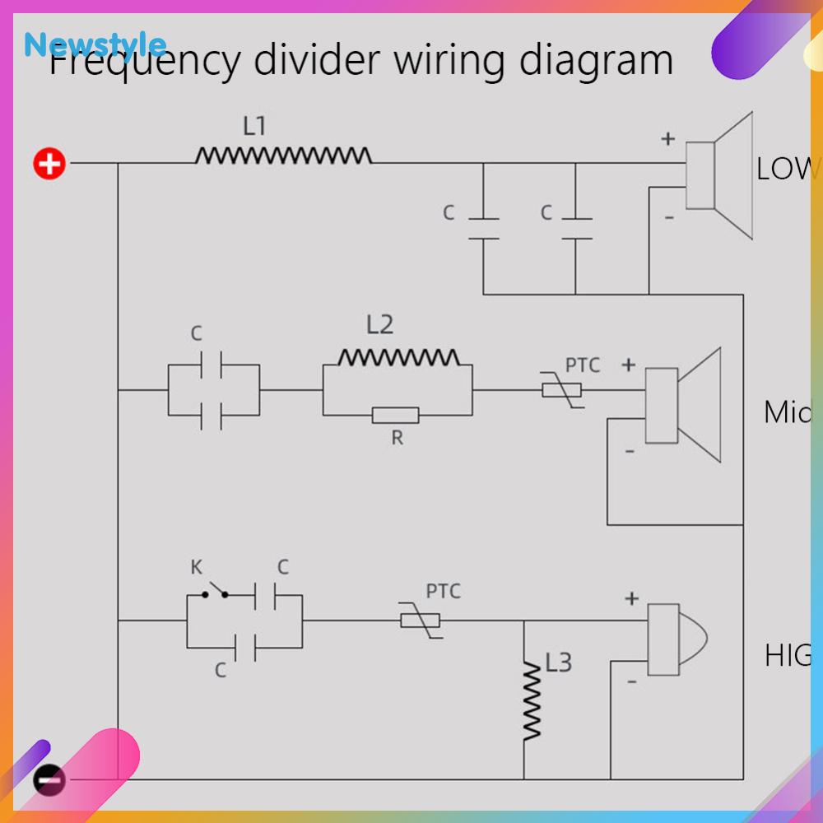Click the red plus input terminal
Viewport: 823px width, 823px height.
coord(49,164)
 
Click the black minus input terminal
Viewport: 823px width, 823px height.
coord(49,779)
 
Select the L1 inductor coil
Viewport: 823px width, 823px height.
coord(283,155)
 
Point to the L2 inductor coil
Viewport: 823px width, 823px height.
coord(398,357)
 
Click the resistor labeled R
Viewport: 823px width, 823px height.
coord(396,415)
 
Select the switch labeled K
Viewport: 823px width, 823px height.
coord(215,591)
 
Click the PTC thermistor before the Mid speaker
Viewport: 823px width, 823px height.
coord(562,389)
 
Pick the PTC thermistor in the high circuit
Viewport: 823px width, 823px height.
coord(420,620)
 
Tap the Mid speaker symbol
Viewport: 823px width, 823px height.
coord(682,406)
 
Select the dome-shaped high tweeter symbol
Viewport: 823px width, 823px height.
coord(675,639)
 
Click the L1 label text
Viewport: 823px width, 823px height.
coord(254,126)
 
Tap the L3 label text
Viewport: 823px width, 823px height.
coord(558,663)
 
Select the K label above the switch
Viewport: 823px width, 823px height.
coord(196,567)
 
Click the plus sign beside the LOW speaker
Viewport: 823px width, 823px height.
coord(667,139)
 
